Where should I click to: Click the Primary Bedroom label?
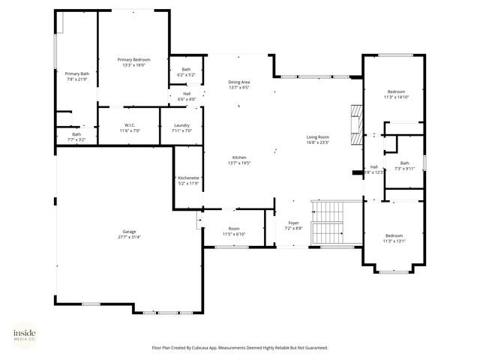tap(133, 59)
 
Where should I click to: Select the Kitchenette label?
tap(188, 178)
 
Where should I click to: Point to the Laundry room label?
tap(181, 125)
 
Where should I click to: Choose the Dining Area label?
tap(238, 82)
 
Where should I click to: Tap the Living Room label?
tap(318, 136)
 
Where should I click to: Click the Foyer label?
tap(293, 223)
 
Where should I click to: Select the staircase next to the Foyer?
tap(328, 223)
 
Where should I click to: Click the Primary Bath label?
tap(76, 73)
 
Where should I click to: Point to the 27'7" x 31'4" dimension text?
tap(129, 237)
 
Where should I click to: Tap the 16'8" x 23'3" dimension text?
tap(318, 142)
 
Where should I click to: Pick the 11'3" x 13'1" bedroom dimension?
tap(393, 241)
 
